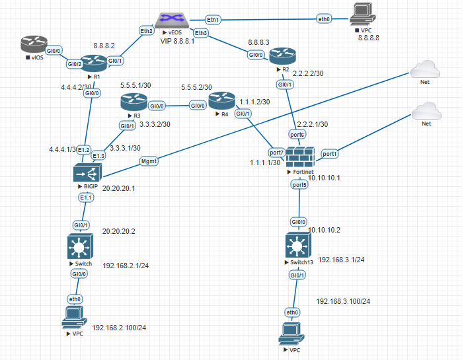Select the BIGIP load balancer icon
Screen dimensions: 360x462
coord(87,174)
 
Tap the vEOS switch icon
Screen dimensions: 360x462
coord(173,22)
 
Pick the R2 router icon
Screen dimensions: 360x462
coord(280,55)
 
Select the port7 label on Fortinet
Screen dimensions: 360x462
coord(277,153)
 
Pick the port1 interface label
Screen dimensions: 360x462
coord(330,153)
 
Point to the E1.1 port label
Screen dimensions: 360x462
coord(86,198)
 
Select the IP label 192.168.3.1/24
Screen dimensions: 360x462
coord(341,260)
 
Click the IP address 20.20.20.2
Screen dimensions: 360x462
coord(119,231)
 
